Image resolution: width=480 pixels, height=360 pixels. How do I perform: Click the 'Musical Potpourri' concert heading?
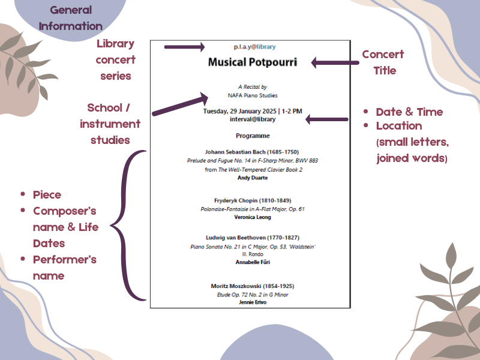coord(252,62)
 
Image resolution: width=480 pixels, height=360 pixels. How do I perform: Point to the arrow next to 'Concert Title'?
coord(333,62)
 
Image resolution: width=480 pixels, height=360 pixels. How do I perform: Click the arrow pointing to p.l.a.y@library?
coord(184,46)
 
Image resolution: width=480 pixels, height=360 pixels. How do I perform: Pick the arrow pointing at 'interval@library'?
coord(327,119)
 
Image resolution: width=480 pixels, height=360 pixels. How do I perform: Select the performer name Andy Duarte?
coord(251,178)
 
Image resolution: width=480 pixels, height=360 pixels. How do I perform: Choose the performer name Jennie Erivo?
coord(252,302)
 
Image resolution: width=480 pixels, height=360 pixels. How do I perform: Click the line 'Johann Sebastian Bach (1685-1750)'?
coord(251,152)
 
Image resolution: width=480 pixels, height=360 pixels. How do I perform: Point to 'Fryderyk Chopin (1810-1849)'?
coord(252,200)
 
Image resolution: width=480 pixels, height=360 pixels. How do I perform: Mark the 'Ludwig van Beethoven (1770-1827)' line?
coord(252,238)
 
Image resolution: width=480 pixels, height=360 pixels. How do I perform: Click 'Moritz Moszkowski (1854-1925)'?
coord(252,286)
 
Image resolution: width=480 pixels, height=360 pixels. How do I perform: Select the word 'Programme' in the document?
coord(252,136)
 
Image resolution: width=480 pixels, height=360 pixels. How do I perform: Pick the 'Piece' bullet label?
coord(47,195)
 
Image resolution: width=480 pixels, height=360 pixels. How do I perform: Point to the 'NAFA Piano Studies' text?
coord(252,95)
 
